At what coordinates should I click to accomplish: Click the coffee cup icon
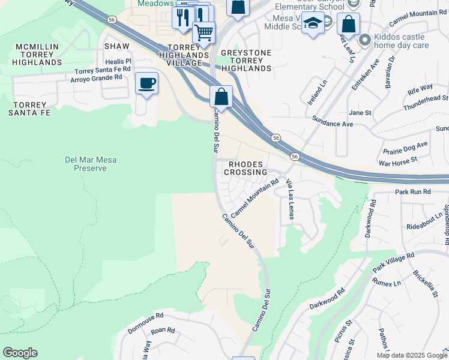(x=146, y=83)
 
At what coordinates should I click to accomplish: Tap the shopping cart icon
(x=204, y=32)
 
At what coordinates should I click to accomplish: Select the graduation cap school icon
(x=312, y=24)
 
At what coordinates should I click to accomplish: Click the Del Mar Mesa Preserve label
(x=91, y=164)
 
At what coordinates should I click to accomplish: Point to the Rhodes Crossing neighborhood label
(x=246, y=167)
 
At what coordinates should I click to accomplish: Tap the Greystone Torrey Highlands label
(x=246, y=61)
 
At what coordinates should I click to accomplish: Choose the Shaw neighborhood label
(x=116, y=46)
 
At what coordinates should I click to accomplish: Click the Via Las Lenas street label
(x=291, y=199)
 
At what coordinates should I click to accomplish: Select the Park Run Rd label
(x=413, y=191)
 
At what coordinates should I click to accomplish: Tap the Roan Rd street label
(x=162, y=330)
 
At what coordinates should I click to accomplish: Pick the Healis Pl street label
(x=118, y=61)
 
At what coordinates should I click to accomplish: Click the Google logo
(x=20, y=353)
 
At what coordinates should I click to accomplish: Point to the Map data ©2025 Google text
(x=411, y=355)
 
